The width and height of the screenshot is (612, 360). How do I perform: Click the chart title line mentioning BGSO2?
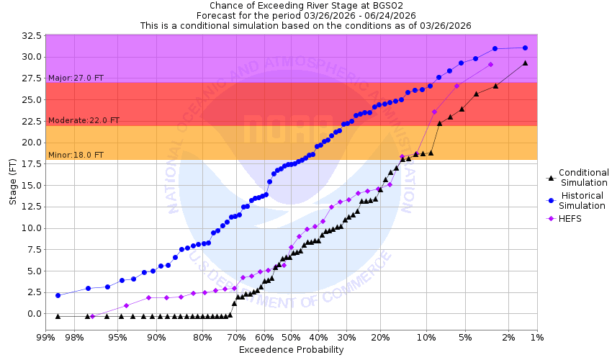[x=306, y=6]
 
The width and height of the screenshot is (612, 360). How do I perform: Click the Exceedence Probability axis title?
[x=291, y=350]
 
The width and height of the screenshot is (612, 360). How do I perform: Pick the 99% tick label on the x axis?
[x=45, y=337]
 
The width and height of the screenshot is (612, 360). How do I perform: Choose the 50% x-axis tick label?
[x=291, y=337]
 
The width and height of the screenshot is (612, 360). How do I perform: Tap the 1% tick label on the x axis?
[x=537, y=337]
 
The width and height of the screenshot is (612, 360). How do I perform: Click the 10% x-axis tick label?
[x=426, y=337]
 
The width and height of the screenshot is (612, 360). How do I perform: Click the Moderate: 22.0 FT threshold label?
[x=84, y=121]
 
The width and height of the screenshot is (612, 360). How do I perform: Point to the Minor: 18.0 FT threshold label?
[x=76, y=155]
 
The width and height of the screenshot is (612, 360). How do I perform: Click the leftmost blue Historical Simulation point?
[x=58, y=295]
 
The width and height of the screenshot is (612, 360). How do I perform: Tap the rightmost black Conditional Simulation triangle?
[x=525, y=63]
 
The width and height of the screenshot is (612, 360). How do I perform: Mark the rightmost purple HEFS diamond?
[x=490, y=64]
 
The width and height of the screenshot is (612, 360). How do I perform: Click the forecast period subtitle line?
[x=306, y=15]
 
